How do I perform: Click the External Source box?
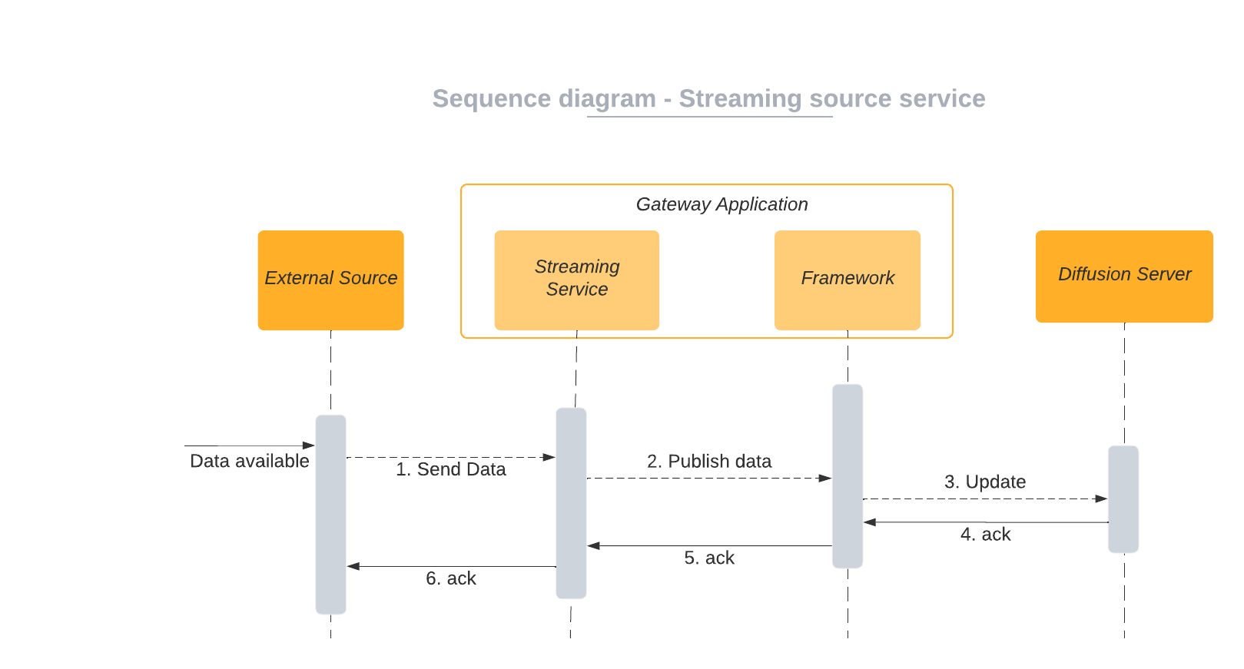330,280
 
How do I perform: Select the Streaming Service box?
576,280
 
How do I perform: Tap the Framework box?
847,280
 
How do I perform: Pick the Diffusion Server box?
1123,276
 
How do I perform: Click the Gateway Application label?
722,204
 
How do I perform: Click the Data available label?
249,461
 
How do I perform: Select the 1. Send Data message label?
450,469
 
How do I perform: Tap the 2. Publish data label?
708,461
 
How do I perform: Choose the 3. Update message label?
984,482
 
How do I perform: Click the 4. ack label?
985,535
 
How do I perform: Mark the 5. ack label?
708,558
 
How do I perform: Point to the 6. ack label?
450,579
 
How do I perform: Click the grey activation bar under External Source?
330,515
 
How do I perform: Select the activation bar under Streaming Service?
571,503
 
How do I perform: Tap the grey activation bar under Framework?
847,476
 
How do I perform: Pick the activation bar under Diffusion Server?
1123,499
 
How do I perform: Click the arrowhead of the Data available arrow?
309,445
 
